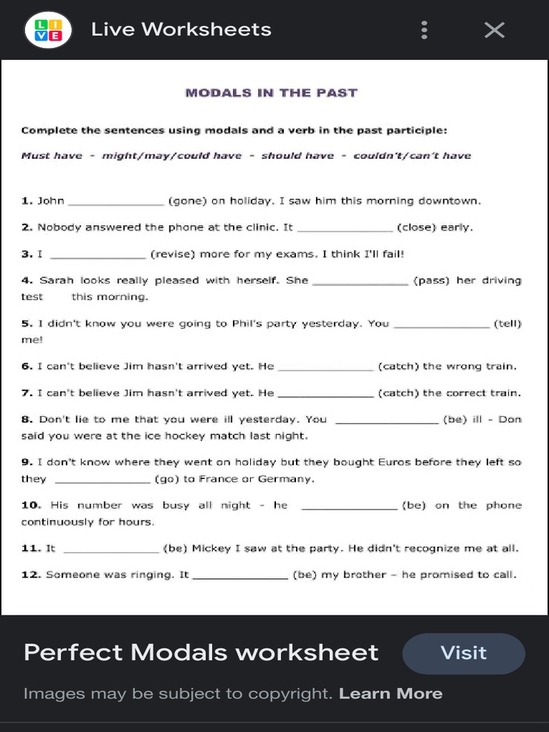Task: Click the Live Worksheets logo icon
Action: [48, 29]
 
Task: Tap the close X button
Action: [494, 29]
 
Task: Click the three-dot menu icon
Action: [425, 29]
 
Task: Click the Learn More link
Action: [390, 693]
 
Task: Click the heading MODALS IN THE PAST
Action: [271, 93]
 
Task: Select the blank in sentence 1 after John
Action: [116, 202]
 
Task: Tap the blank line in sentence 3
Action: [99, 254]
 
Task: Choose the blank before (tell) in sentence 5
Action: [442, 324]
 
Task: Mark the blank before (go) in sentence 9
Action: [102, 480]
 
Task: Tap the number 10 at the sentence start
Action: [31, 505]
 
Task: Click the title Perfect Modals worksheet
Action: [201, 652]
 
